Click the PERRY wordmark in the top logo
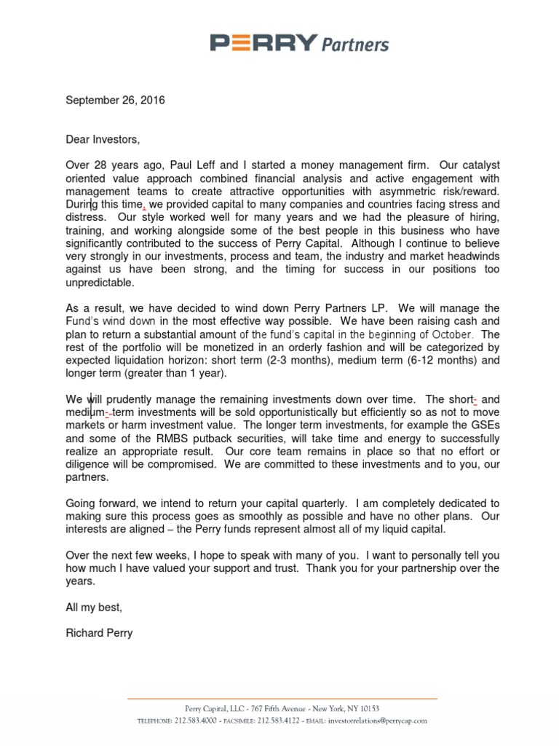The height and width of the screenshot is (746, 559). [x=263, y=44]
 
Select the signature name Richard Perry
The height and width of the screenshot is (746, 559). [x=99, y=634]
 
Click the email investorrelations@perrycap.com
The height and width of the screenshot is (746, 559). [x=377, y=721]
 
